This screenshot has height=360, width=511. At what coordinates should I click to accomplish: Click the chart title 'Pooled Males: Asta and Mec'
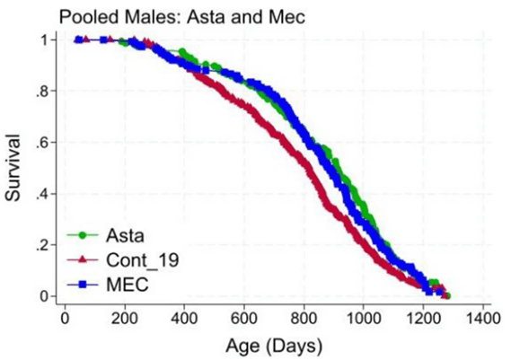[x=146, y=15]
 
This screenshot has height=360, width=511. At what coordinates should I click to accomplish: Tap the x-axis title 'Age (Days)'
[x=274, y=344]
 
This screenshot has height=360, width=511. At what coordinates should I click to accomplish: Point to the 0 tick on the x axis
[x=65, y=318]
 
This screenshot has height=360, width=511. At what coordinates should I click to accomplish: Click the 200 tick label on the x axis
[x=125, y=318]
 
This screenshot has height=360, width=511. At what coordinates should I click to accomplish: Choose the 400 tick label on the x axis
[x=184, y=318]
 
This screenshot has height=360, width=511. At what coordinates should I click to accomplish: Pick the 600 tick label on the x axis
[x=244, y=318]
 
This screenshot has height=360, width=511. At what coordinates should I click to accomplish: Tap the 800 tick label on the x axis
[x=304, y=318]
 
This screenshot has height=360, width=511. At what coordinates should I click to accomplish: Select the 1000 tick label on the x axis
[x=364, y=318]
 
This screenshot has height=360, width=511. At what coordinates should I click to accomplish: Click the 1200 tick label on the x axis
[x=424, y=318]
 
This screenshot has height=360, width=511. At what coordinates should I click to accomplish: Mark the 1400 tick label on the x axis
[x=483, y=318]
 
